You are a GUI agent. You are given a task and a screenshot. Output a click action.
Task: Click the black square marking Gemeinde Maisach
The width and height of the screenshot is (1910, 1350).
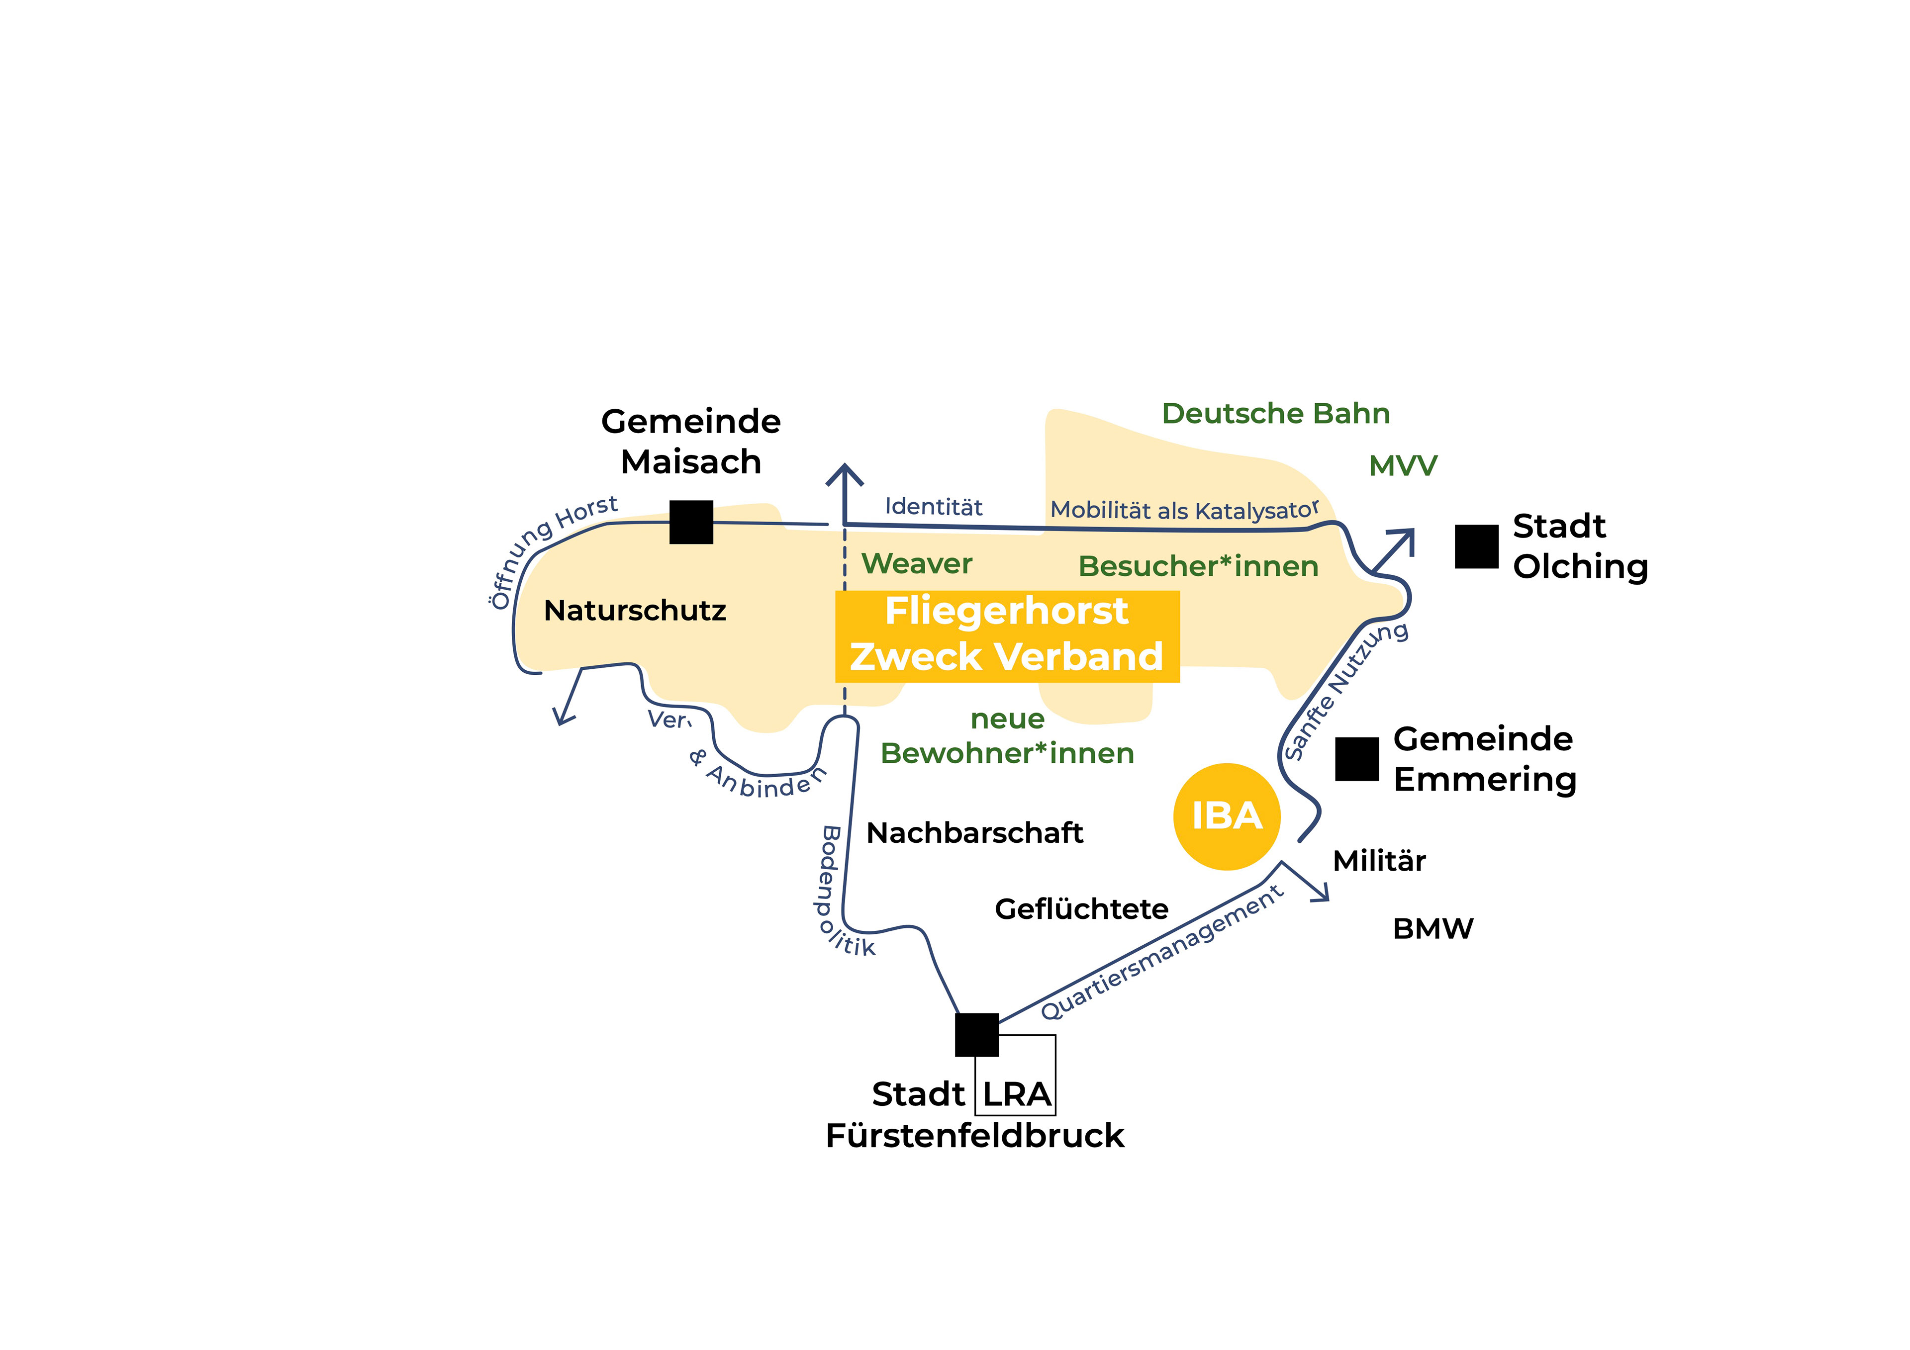click(x=691, y=523)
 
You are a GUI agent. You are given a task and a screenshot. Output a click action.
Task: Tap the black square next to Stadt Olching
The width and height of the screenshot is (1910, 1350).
click(x=1477, y=546)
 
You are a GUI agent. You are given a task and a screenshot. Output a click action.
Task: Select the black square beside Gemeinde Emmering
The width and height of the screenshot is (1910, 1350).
click(x=1357, y=759)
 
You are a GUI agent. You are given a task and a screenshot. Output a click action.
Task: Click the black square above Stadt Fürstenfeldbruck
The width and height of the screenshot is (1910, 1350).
click(x=976, y=1035)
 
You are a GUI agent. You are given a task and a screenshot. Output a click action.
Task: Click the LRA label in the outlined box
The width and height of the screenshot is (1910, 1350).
click(x=1017, y=1094)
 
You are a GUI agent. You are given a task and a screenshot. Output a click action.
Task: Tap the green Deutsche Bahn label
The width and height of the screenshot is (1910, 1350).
click(x=1275, y=413)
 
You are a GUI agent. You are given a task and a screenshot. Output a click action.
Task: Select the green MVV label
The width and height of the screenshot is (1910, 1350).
click(x=1403, y=466)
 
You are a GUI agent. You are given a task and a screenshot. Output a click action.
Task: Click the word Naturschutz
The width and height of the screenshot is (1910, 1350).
click(x=635, y=611)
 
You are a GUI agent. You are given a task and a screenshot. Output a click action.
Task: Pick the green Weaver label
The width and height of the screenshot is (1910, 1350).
click(x=917, y=564)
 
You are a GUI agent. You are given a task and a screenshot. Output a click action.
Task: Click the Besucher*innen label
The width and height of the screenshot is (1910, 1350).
click(x=1198, y=566)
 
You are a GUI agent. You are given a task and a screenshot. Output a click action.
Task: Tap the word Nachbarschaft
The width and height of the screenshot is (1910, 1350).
click(x=974, y=833)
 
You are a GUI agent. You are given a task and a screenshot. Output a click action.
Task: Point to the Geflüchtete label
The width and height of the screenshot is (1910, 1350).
click(x=1081, y=909)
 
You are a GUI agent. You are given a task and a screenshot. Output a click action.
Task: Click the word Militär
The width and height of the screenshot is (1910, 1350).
click(x=1379, y=861)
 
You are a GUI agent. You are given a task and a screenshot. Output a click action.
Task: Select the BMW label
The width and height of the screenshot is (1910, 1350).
click(x=1432, y=928)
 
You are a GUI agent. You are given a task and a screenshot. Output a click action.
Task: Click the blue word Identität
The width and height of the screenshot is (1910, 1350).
click(x=934, y=507)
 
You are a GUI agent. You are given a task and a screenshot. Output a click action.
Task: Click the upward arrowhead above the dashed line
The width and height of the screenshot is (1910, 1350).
click(x=845, y=475)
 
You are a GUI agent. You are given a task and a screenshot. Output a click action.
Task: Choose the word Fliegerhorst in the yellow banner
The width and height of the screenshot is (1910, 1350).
click(x=1007, y=612)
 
